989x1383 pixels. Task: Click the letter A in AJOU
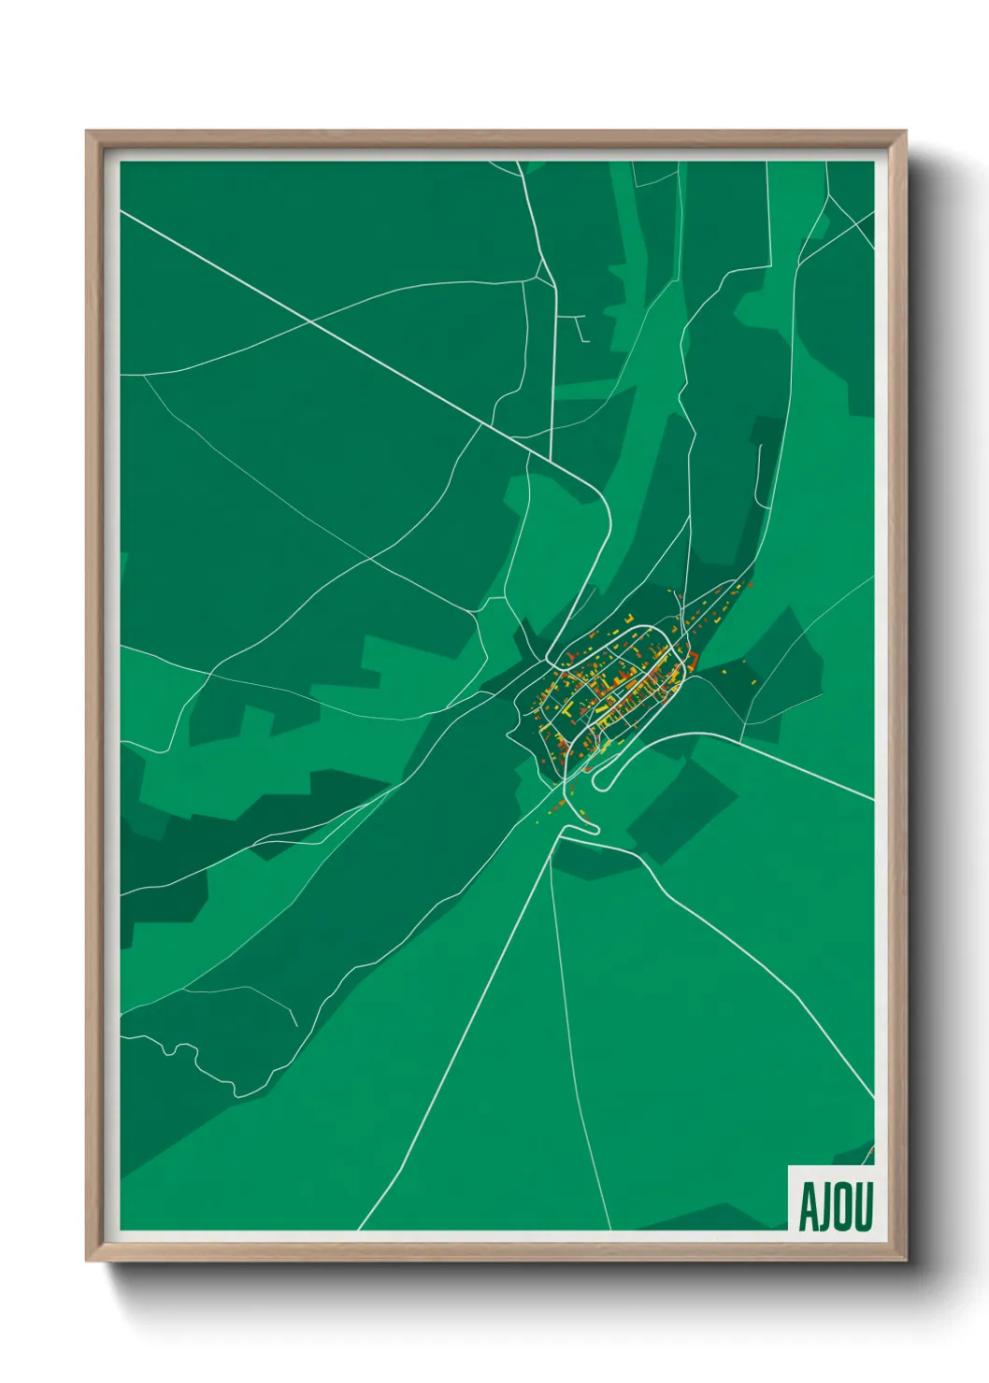point(807,1206)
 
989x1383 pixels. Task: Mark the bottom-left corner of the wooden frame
point(87,1261)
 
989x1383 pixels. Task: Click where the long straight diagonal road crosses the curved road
point(311,321)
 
